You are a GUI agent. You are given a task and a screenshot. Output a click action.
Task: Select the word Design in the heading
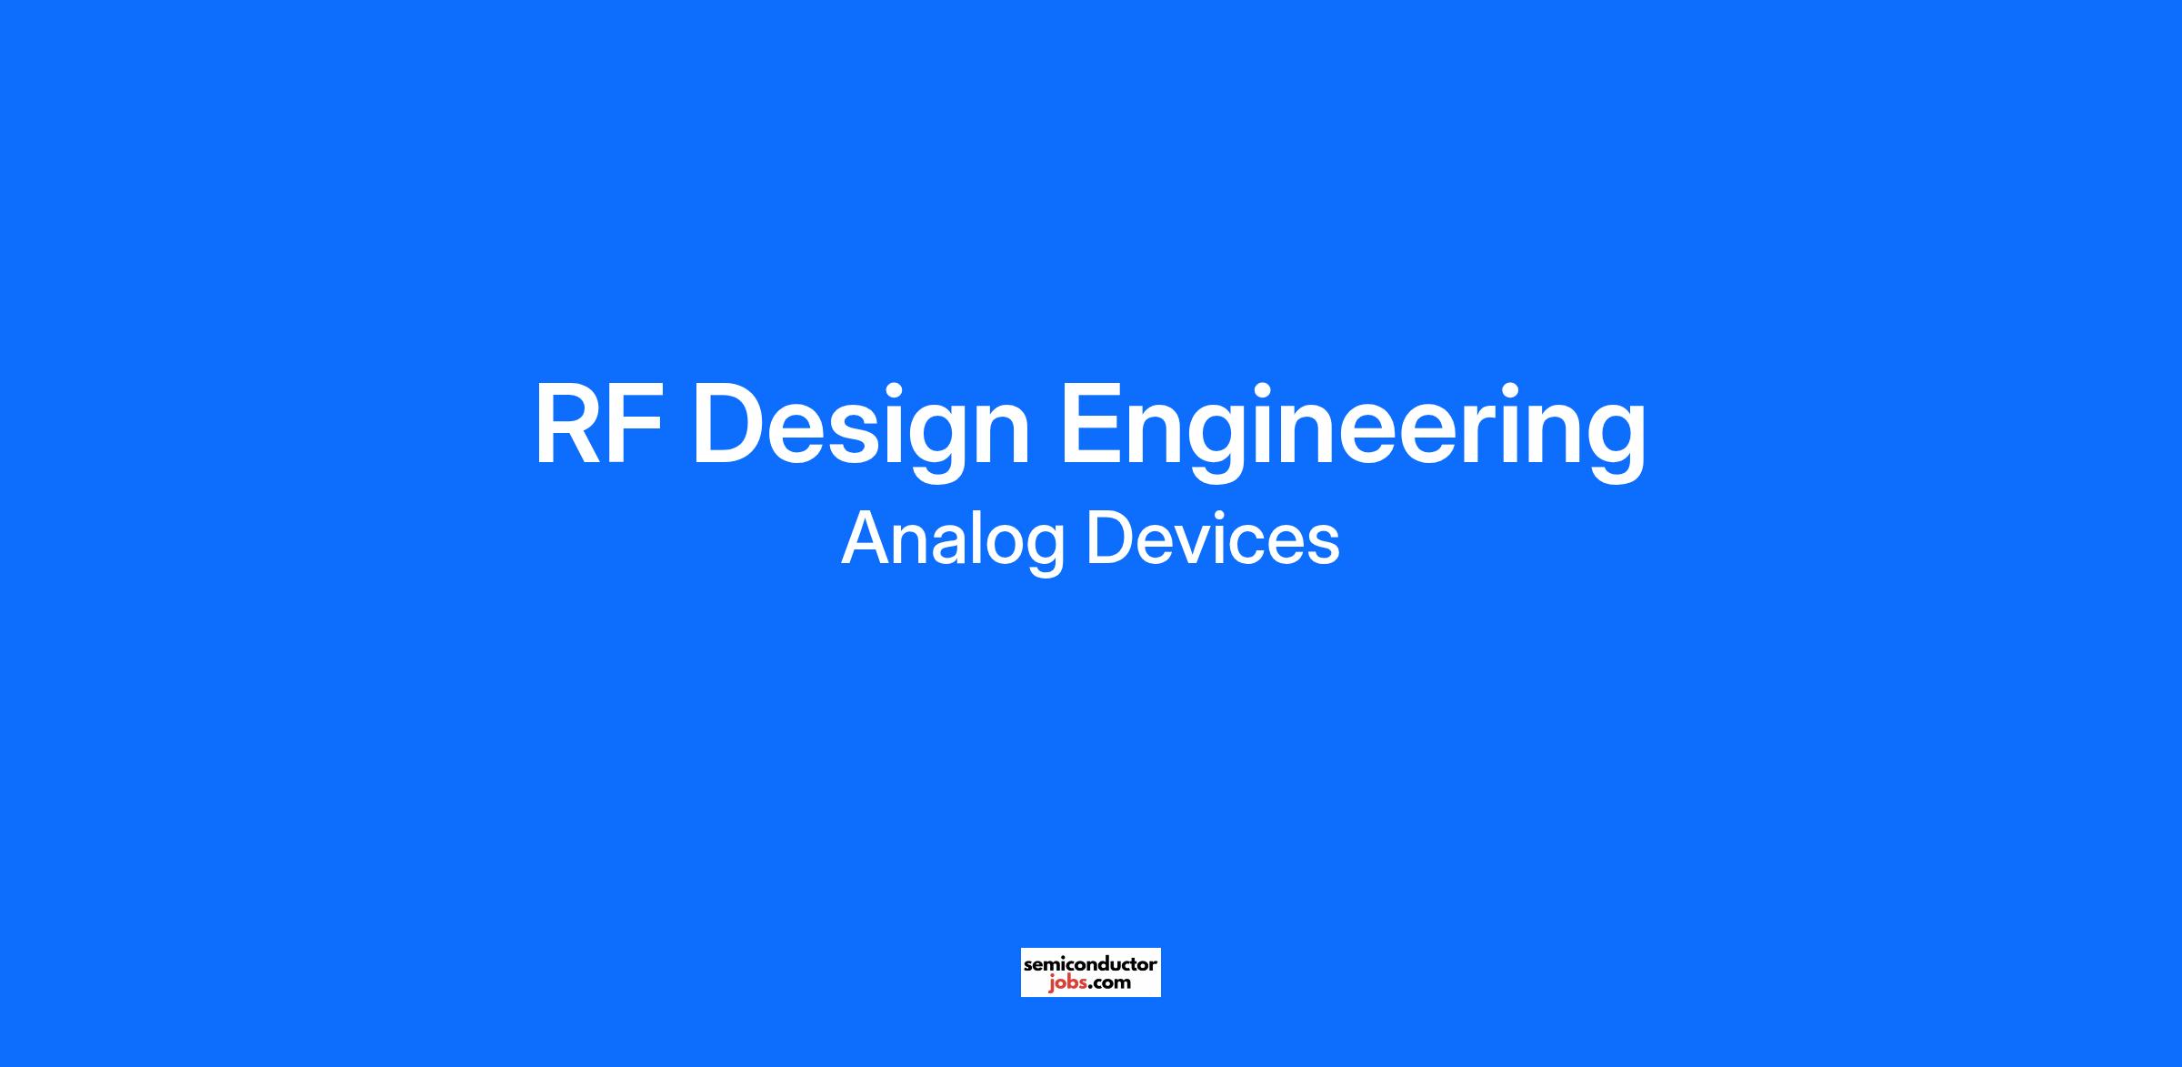click(x=861, y=431)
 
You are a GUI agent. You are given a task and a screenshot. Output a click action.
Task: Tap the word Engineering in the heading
click(x=1353, y=431)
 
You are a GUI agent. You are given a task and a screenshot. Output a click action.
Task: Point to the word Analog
click(x=953, y=540)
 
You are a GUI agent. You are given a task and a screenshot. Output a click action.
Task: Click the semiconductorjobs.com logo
click(x=1091, y=972)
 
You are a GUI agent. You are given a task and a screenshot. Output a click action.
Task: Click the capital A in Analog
click(x=868, y=538)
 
